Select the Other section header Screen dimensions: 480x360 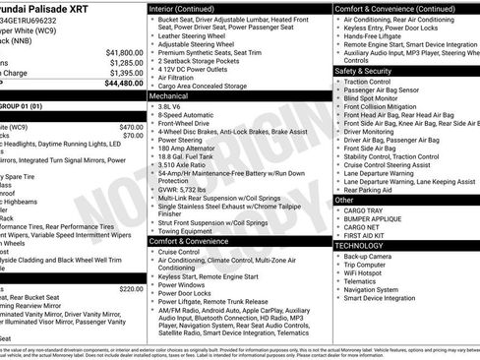click(345, 200)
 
